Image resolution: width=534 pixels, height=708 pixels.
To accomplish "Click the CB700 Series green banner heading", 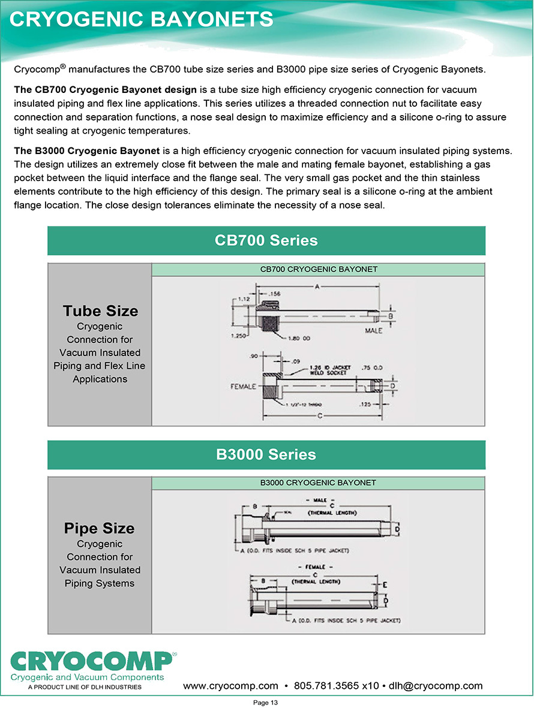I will coord(266,240).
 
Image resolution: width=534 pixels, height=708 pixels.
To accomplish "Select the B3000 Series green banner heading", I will coord(266,454).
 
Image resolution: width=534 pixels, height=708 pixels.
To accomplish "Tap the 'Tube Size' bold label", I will coord(100,311).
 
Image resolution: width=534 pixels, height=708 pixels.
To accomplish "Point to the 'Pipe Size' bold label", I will coord(100,529).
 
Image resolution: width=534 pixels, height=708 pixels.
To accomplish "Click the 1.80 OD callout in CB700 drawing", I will coord(299,339).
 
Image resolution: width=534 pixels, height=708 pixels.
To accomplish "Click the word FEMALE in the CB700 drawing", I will coord(244,386).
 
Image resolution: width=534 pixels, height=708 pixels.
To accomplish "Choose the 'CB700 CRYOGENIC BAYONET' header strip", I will coord(319,269).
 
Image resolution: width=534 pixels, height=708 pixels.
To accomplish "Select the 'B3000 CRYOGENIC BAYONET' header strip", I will coord(318,483).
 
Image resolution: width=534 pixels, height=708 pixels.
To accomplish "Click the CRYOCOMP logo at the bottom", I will coord(91,662).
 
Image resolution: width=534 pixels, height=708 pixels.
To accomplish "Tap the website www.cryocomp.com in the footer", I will coord(230,686).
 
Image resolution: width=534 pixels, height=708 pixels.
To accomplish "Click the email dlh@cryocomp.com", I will coord(436,686).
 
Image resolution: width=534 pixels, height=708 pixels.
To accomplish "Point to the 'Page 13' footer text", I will coord(266,702).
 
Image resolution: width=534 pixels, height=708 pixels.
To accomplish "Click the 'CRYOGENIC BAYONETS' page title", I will coord(142,19).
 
